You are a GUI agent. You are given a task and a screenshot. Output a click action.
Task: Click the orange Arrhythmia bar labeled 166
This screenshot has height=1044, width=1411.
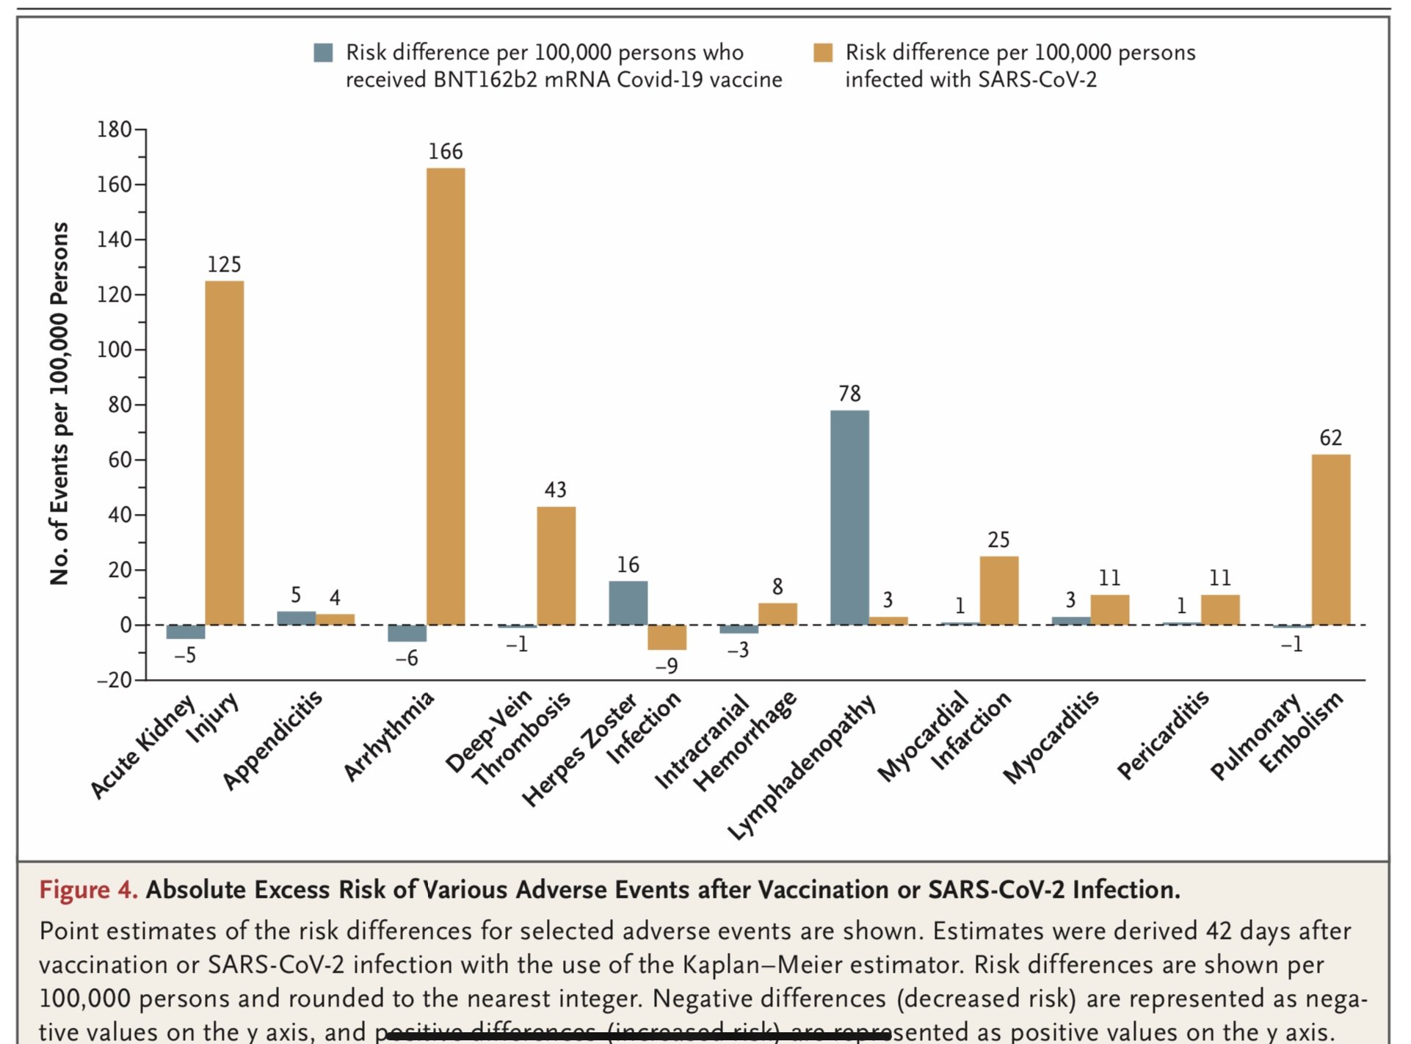pos(446,396)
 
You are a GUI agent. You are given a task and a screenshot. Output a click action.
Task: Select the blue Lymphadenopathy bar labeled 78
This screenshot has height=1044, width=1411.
pos(849,518)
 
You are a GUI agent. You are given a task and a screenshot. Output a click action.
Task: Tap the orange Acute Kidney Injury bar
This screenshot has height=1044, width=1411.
pos(224,453)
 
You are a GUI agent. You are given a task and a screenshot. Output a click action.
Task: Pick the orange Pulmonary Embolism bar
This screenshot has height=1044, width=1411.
pos(1330,540)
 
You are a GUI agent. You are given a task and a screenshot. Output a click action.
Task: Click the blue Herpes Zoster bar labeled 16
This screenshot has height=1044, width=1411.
pos(628,603)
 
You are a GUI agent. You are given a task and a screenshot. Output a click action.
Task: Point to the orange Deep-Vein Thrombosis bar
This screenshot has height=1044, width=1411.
pos(556,565)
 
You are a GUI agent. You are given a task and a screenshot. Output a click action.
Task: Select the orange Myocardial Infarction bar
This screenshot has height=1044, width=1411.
pos(998,590)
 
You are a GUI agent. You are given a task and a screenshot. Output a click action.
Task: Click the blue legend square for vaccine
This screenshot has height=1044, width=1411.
pos(323,53)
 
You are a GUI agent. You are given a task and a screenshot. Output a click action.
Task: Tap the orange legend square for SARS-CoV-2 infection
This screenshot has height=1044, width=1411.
pos(823,53)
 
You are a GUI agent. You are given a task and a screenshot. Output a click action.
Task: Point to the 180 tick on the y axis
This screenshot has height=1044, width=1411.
pos(115,130)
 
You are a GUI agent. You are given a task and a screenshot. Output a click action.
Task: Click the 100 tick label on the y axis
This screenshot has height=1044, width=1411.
pos(115,349)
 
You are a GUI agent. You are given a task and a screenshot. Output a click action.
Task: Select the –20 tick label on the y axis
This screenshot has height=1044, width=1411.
pos(115,681)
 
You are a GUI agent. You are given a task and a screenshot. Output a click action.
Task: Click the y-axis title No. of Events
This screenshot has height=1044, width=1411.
pos(59,404)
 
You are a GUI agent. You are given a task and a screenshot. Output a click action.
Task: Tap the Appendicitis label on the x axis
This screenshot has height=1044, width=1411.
pos(273,740)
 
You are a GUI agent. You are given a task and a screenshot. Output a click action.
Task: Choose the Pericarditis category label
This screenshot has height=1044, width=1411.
pos(1163,734)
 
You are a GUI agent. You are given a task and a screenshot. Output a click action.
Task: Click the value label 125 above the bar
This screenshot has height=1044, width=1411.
pos(224,264)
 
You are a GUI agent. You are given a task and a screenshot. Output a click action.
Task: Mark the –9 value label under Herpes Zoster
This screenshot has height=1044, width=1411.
pos(666,666)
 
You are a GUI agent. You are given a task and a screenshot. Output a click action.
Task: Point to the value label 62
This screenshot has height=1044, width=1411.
pos(1330,438)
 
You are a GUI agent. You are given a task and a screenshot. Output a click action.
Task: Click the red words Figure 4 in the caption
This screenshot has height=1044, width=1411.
pos(88,890)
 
